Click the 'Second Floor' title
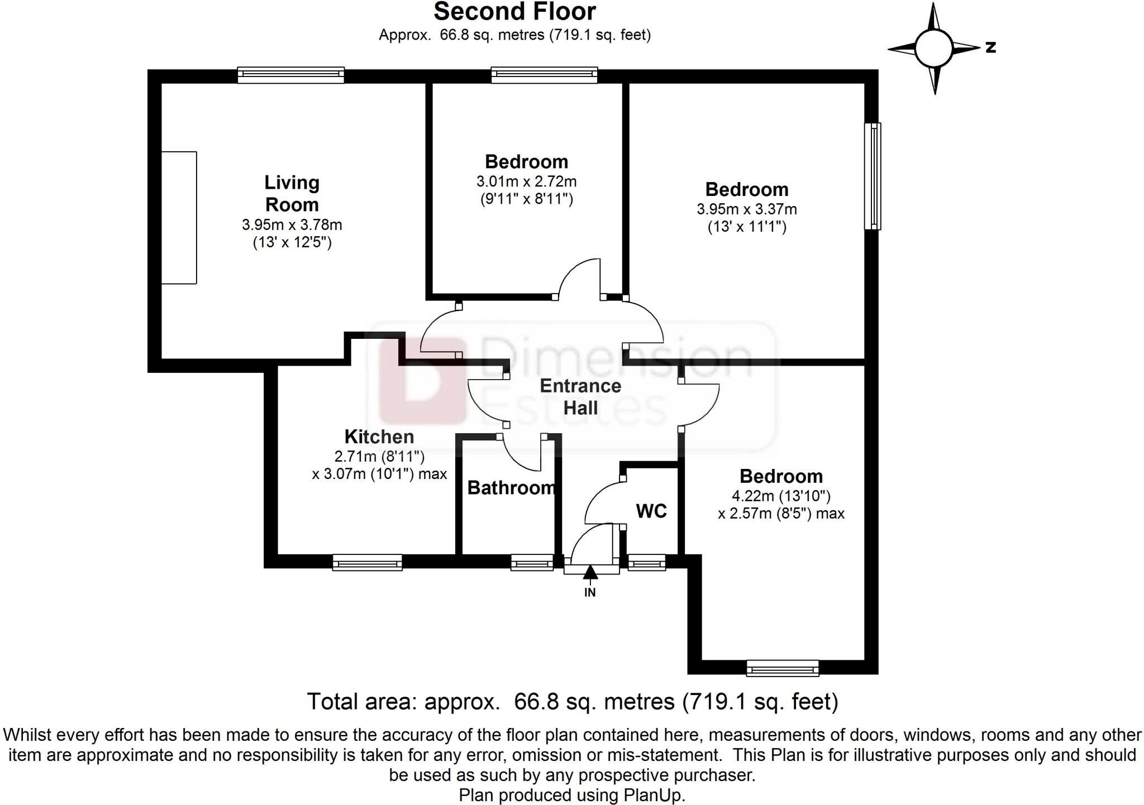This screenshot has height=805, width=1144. (515, 12)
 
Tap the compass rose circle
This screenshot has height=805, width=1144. (933, 48)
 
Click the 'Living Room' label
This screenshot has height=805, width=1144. (292, 193)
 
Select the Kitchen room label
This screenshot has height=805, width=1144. (379, 437)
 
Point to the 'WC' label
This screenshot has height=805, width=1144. (651, 511)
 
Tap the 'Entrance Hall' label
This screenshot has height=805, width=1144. (580, 397)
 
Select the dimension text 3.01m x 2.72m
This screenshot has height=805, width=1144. (527, 181)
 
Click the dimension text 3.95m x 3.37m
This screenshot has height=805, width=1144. (747, 209)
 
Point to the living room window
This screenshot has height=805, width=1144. (291, 75)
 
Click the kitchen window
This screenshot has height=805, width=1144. (368, 562)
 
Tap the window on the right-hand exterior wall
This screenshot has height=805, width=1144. (873, 176)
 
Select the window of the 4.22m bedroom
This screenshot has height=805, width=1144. (783, 668)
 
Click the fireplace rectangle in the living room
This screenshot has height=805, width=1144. (179, 218)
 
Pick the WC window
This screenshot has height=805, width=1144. (647, 562)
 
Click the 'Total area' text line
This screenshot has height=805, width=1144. (573, 702)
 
